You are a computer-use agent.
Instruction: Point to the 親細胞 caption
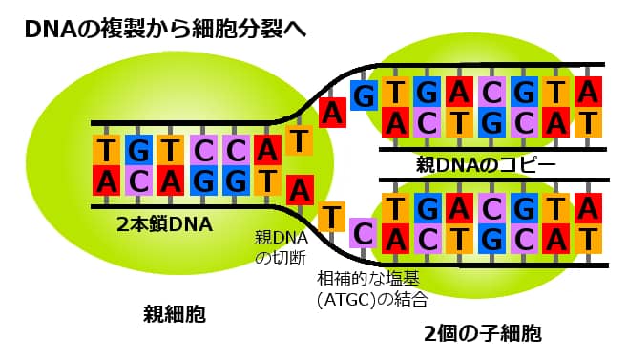coord(175,312)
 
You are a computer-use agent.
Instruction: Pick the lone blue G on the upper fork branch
coord(363,94)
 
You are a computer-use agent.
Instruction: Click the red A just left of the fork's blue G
coord(332,112)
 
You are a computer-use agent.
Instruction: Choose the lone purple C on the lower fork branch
coord(362,231)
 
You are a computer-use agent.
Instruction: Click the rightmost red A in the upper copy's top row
coord(589,92)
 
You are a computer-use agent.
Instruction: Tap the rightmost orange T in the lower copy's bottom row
coord(589,236)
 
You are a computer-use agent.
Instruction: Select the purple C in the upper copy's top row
coord(492,92)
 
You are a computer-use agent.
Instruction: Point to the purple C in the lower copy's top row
coord(492,206)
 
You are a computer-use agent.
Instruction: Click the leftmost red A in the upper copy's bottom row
coord(396,120)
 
